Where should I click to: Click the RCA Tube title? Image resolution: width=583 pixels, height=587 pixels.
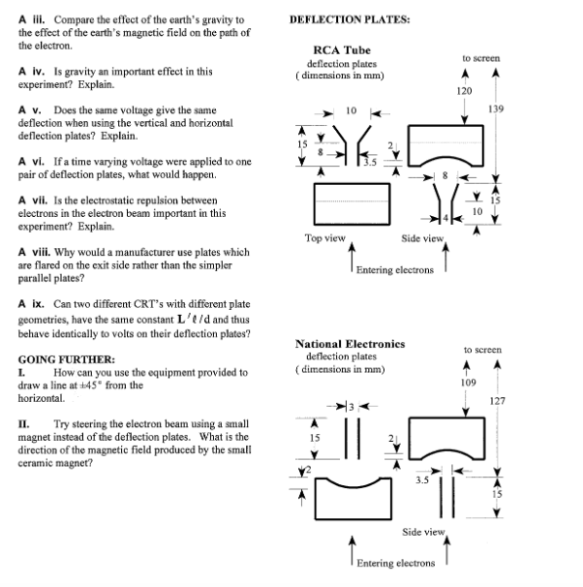coord(342,50)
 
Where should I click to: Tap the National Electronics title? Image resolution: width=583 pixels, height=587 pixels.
coord(349,344)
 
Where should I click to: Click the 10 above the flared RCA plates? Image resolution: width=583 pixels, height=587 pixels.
coord(352,109)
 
